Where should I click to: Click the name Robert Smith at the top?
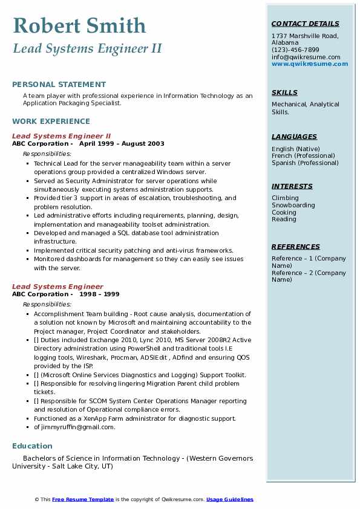[x=79, y=25]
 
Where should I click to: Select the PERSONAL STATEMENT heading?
[x=59, y=85]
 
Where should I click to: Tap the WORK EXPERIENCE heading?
[x=51, y=121]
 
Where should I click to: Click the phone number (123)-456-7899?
[x=295, y=50]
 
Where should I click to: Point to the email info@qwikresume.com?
[x=306, y=57]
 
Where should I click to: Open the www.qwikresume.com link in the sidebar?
[x=310, y=64]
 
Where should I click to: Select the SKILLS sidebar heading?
[x=284, y=92]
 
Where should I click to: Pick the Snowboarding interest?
[x=293, y=205]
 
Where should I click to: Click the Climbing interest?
[x=285, y=198]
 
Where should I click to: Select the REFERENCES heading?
[x=296, y=247]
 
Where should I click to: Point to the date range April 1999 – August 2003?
[x=122, y=144]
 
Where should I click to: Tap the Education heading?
[x=32, y=446]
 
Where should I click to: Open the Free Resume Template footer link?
[x=83, y=499]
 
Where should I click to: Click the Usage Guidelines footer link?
[x=230, y=499]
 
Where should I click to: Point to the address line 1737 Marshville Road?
[x=305, y=36]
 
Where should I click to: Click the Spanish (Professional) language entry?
[x=305, y=163]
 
